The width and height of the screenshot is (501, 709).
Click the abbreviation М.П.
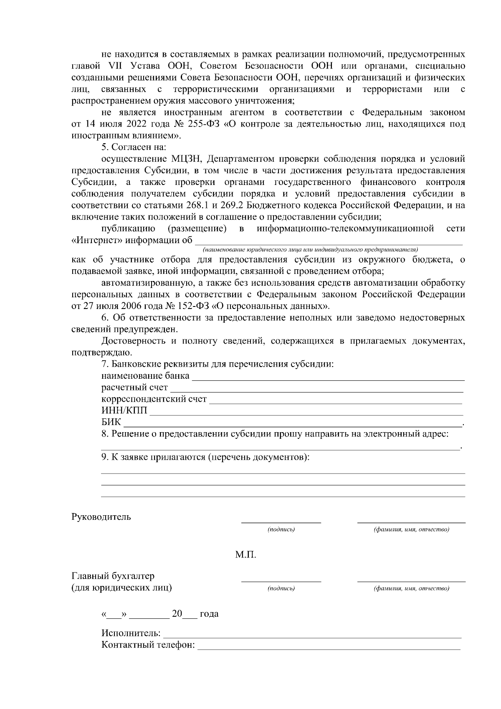click(x=245, y=555)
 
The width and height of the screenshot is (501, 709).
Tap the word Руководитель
click(x=101, y=517)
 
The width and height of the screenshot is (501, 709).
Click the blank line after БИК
click(x=292, y=426)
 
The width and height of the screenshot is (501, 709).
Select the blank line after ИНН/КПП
click(x=306, y=415)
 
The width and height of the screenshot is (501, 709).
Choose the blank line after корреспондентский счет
click(x=335, y=403)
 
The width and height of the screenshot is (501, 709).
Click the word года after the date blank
click(x=209, y=614)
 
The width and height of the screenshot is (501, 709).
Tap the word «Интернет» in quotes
click(x=92, y=241)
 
